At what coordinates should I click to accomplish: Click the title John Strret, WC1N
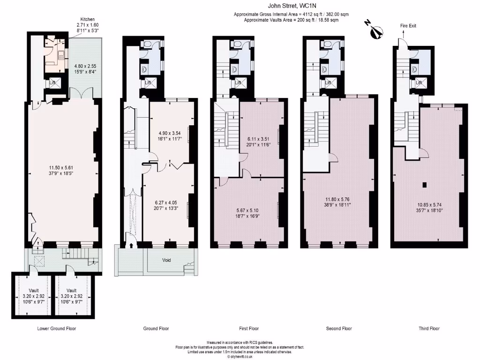pos(286,6)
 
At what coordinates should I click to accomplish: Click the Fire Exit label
pos(408,26)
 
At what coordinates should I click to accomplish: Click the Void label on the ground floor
pos(166,260)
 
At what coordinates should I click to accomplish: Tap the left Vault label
pos(32,290)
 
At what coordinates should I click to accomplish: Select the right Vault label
pos(71,290)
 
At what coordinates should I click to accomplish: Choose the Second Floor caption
pos(339,329)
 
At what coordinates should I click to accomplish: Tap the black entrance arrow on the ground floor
pos(131,245)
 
